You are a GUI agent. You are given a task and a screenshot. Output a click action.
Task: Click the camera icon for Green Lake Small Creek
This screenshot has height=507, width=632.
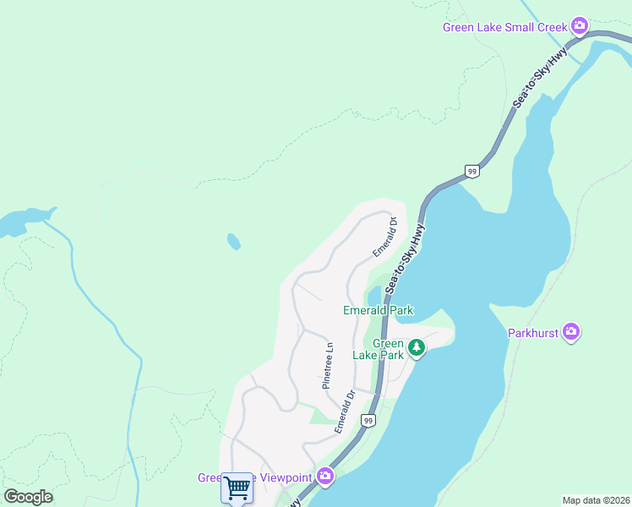click(580, 26)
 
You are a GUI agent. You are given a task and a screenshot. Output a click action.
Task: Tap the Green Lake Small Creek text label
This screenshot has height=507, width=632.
click(505, 27)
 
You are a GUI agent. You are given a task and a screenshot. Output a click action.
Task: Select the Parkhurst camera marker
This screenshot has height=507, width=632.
click(571, 332)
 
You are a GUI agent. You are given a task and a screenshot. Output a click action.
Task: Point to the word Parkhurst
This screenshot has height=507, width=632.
click(533, 333)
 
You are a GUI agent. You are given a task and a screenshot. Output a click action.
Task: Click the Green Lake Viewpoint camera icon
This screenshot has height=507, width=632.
click(325, 477)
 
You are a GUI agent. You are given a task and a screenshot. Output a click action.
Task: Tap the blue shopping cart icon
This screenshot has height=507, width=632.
click(237, 488)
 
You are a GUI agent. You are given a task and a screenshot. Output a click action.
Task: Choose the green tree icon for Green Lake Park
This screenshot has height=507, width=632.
click(416, 347)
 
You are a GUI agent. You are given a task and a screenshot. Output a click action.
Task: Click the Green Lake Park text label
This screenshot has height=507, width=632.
click(388, 349)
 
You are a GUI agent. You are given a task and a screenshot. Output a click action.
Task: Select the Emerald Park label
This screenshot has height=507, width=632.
click(378, 310)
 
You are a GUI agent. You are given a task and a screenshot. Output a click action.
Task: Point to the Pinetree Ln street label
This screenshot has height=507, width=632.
click(329, 365)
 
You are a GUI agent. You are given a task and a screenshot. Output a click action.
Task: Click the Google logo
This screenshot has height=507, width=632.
click(28, 496)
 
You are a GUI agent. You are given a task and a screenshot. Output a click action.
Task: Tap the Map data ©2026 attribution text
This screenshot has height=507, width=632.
click(596, 500)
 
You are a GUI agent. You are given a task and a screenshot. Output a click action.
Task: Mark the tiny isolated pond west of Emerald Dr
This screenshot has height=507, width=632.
click(233, 242)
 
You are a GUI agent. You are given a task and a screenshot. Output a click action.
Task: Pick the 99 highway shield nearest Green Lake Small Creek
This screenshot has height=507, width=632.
click(471, 171)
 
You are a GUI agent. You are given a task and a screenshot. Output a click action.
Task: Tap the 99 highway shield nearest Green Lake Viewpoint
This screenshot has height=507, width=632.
click(368, 420)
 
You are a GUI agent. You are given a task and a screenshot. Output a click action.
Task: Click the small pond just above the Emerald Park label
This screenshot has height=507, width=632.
click(373, 296)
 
